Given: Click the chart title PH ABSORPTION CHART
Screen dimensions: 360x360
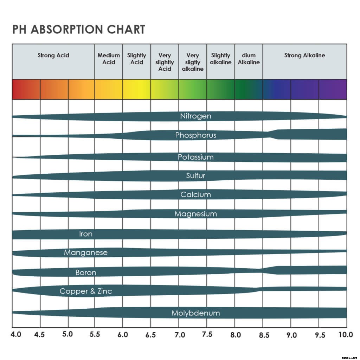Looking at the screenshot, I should (x=79, y=30).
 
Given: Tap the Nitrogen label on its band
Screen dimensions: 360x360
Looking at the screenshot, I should (x=196, y=116).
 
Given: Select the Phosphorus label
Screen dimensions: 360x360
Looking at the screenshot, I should (x=196, y=135).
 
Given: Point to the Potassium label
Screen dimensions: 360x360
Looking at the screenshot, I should (x=196, y=157).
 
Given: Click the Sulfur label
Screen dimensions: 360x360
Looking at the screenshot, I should (x=196, y=176).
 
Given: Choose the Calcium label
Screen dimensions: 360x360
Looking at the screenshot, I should (x=196, y=194).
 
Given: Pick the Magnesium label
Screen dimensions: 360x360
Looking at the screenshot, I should (x=196, y=214).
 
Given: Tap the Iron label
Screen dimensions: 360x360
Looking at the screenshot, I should (x=86, y=234).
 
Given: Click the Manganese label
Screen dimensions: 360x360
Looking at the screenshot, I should (x=86, y=252).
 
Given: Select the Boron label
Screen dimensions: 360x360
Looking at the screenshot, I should (x=86, y=272).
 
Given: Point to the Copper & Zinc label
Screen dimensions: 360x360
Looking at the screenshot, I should (x=86, y=291).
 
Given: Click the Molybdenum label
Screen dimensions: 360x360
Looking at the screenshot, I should (x=196, y=313).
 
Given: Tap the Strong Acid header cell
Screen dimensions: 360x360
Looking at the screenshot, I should (x=53, y=55).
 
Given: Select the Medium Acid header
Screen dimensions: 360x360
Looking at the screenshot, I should (x=109, y=59).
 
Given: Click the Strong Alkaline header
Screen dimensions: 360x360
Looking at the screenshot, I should (x=304, y=55).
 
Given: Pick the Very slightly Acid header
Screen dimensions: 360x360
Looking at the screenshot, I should (x=165, y=62).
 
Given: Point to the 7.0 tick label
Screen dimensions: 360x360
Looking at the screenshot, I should (x=180, y=335).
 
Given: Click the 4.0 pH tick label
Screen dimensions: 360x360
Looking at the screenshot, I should (x=16, y=334).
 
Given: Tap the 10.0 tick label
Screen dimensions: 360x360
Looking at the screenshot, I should (x=345, y=334).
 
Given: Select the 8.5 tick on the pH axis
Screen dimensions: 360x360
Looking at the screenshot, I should (x=264, y=335).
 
